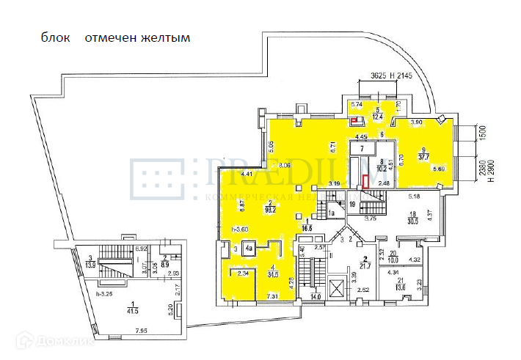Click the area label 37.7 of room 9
422,156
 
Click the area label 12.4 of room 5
378,117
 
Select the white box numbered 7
362,148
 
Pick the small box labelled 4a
249,249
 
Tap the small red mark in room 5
355,121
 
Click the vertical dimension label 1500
483,135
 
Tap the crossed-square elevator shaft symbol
336,286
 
